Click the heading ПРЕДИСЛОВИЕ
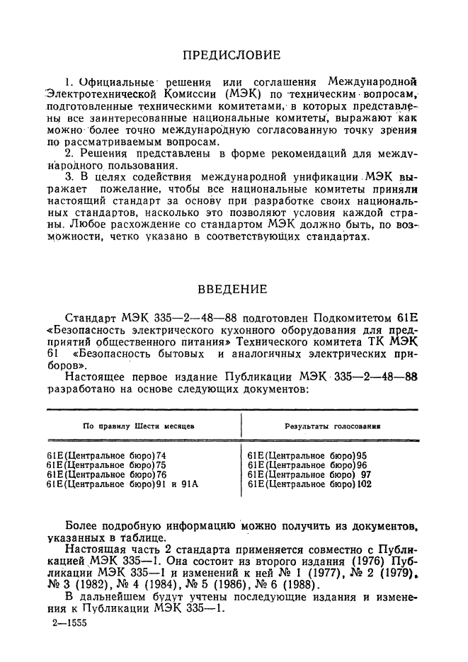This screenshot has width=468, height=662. point(232,55)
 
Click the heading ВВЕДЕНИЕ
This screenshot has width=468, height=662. point(232,289)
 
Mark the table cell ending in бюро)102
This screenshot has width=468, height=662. point(311,485)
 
